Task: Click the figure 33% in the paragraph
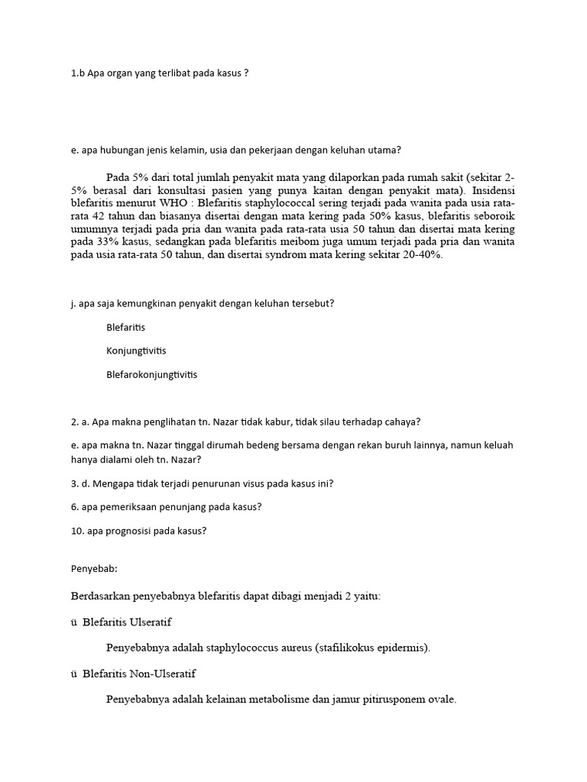97,243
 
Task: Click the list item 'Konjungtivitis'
136,351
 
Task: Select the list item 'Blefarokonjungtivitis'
151,374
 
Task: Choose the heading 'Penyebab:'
94,570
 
